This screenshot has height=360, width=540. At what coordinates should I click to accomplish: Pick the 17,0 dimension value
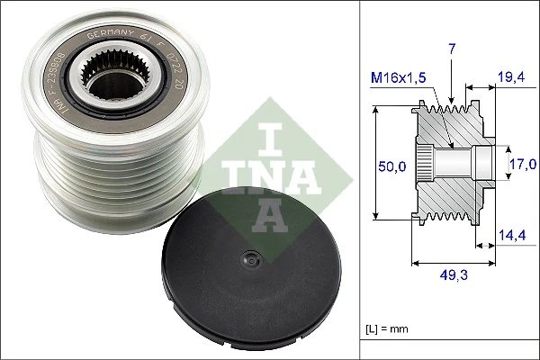coord(519,166)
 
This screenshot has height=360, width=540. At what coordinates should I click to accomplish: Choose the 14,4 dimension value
coord(514,237)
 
